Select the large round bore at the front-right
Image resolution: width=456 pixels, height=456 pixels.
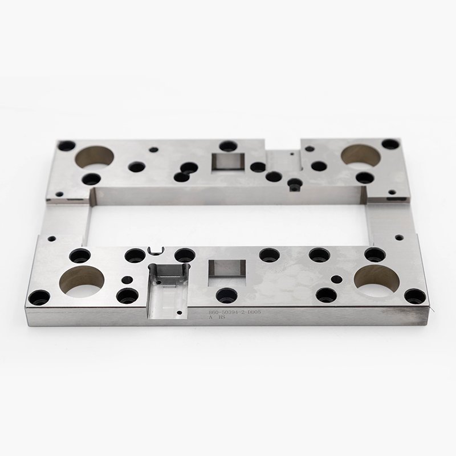(375, 278)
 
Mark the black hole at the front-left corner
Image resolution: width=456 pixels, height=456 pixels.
(39, 298)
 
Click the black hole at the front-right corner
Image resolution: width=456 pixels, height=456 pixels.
(414, 296)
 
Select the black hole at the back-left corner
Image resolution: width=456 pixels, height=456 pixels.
(66, 145)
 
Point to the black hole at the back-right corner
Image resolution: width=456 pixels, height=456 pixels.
(390, 144)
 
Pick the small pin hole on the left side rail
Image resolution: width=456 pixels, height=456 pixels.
(51, 240)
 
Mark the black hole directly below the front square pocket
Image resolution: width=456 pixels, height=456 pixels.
(226, 295)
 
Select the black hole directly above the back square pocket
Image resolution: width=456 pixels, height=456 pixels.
(227, 146)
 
